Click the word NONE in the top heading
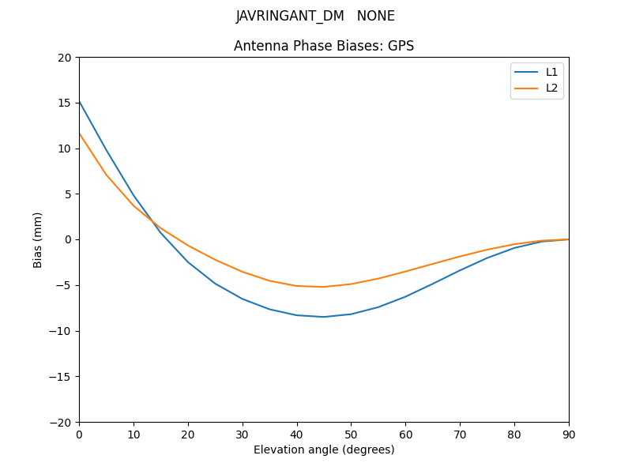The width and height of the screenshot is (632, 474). click(376, 17)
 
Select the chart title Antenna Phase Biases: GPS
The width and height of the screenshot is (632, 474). click(324, 46)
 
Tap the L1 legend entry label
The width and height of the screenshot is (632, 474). click(551, 72)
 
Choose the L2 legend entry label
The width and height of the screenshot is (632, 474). click(551, 88)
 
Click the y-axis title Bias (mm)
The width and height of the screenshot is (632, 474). click(38, 239)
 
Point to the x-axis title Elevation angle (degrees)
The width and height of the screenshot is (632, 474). click(324, 450)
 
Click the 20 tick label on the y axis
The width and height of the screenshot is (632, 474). click(65, 58)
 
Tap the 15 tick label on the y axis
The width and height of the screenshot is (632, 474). click(65, 103)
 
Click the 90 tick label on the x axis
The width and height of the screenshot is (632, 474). click(569, 434)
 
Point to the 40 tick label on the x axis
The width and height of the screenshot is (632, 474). click(297, 434)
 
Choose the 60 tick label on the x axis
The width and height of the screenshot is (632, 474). click(405, 434)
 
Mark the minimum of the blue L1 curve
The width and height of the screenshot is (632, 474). click(324, 317)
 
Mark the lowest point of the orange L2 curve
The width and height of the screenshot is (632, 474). click(324, 287)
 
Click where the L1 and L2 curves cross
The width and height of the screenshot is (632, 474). click(152, 222)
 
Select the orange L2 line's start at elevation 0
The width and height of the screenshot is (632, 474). click(80, 134)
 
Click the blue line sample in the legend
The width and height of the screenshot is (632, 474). click(526, 72)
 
